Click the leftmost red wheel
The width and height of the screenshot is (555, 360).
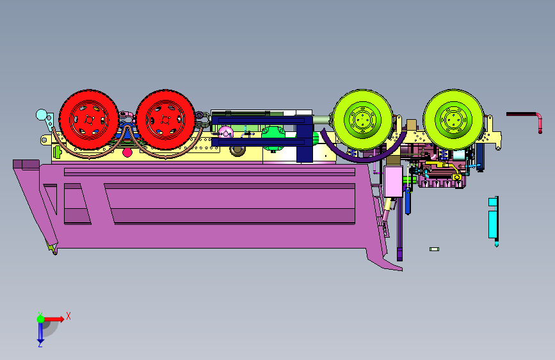[x=88, y=120]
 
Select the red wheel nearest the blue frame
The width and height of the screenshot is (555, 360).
[x=165, y=120]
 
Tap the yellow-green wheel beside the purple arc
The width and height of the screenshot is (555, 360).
[x=363, y=119]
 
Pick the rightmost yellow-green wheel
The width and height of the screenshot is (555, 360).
[x=453, y=119]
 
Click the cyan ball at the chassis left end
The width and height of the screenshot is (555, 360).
[x=42, y=115]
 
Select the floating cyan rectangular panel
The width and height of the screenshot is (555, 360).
[x=493, y=220]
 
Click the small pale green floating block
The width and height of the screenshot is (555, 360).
[x=434, y=249]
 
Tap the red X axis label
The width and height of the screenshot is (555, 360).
[x=68, y=316]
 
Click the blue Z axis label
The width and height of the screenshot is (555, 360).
[x=40, y=344]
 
